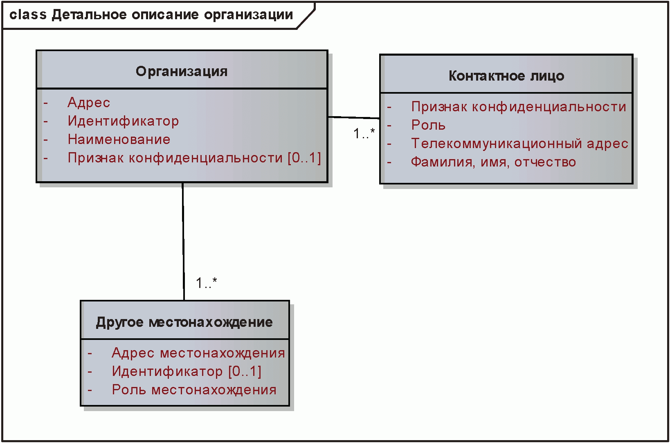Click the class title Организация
coord(182,72)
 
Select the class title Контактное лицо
coord(506,76)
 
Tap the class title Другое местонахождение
coord(184,322)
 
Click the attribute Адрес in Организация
coord(89,103)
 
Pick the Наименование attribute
coord(119,139)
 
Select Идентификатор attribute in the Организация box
coord(123,121)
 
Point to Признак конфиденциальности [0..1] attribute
coord(194,158)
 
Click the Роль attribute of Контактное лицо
coord(428,125)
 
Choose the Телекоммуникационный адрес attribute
coord(519,144)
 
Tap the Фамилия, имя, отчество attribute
coord(493,162)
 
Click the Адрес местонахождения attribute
coord(198,353)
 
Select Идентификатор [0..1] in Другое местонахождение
coord(187,371)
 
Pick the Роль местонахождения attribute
coord(194,390)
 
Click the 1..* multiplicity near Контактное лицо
coord(364,133)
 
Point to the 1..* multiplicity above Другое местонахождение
coord(206,283)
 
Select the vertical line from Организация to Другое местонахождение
coord(183,241)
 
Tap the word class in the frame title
coord(28,15)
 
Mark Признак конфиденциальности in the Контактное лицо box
coord(519,107)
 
